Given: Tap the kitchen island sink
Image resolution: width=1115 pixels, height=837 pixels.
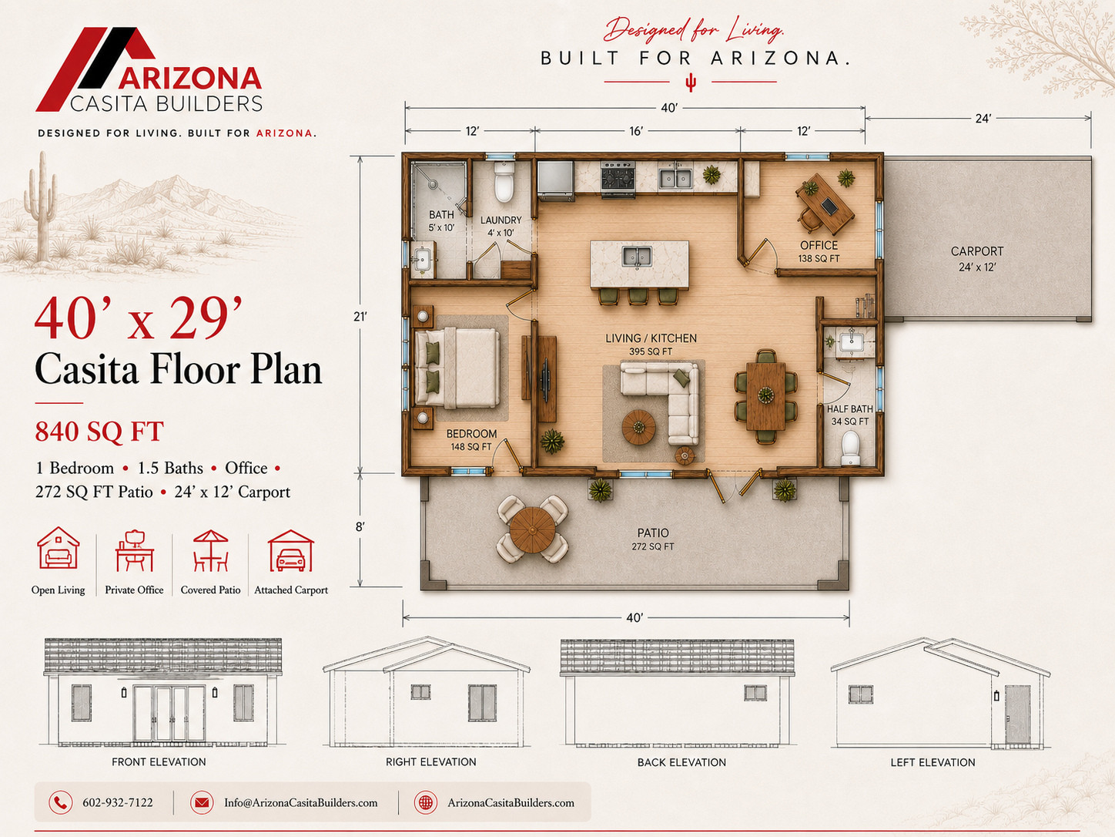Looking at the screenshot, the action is coord(637,256).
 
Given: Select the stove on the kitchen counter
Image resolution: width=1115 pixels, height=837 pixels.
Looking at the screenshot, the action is coord(618,179).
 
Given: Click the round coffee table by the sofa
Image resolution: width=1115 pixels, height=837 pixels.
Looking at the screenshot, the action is coord(638,427).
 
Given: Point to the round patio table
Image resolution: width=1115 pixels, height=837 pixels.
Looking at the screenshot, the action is coord(532,529).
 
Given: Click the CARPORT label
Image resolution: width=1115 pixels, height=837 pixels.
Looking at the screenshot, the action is coord(977,251).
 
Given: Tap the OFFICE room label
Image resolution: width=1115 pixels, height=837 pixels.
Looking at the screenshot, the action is coord(819,245).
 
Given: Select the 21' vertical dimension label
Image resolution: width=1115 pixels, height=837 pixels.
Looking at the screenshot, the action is coord(360,317).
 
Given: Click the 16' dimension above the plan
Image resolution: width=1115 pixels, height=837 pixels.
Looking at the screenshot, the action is coord(636,131).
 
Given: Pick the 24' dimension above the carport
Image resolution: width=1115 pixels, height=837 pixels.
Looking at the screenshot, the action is coord(983,119).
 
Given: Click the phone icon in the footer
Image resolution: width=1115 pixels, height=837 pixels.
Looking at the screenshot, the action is coord(61,803).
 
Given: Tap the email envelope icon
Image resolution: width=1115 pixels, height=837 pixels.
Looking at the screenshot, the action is coord(202,803).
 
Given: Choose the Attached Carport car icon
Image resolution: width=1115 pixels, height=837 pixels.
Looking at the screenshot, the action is coord(291,551).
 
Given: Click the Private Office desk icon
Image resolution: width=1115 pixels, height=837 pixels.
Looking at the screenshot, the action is coord(134,551).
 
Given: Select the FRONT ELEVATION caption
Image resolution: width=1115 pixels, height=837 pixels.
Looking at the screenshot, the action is coord(159,761).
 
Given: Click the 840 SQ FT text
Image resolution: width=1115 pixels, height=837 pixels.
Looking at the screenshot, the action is coord(99,432).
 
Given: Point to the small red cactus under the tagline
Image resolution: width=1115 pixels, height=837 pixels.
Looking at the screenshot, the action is coord(691,83).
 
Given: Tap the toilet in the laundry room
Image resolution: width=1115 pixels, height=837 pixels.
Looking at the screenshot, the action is coord(504,182).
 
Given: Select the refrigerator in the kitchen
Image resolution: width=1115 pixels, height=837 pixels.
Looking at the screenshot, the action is coord(556,180).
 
